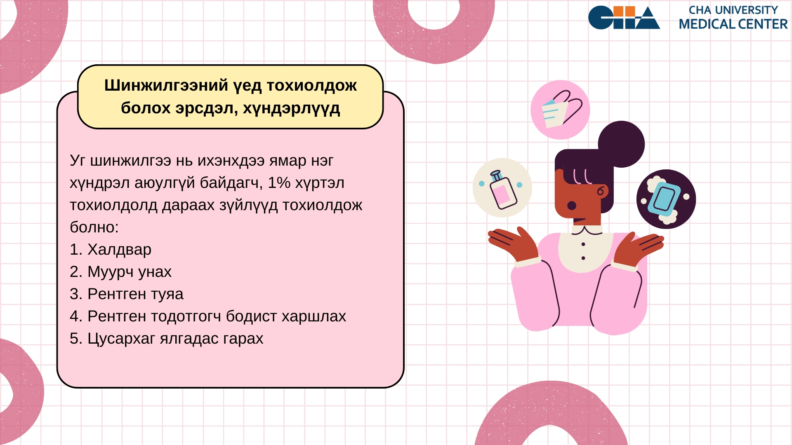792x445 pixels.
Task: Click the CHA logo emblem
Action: point(624,17)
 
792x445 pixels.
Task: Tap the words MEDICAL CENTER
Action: point(733,24)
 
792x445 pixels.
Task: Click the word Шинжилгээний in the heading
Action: point(166,85)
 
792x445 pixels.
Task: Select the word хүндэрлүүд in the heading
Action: point(291,108)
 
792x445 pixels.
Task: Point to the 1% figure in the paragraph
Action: point(279,183)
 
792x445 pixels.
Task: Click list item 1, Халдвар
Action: point(111,249)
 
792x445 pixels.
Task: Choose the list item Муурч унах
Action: point(120,272)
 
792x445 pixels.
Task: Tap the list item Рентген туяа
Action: point(127,294)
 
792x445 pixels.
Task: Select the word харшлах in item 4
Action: point(314,316)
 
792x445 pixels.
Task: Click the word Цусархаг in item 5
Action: point(121,338)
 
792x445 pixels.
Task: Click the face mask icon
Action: point(560,110)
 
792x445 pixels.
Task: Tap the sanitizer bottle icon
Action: point(502,187)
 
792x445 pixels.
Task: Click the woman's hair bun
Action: point(621,144)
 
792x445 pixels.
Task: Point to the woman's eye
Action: point(572,206)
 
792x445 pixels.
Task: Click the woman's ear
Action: point(602,191)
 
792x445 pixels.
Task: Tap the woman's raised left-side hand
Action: point(514,244)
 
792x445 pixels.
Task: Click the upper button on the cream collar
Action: point(583,244)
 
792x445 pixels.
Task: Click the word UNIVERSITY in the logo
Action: point(746,10)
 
